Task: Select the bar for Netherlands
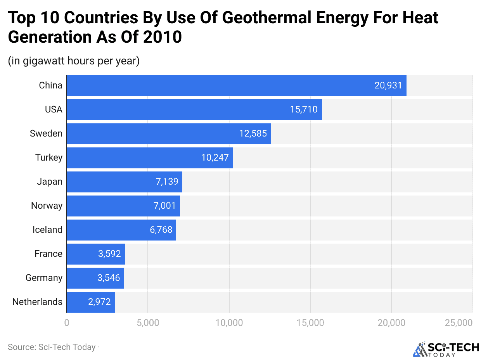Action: click(91, 302)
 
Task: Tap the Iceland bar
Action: click(121, 230)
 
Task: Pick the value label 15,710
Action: click(304, 109)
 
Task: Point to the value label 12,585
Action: click(253, 133)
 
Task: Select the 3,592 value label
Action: click(109, 254)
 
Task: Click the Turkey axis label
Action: click(49, 157)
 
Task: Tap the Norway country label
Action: click(47, 206)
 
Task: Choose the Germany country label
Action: click(44, 278)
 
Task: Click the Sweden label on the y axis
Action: click(46, 133)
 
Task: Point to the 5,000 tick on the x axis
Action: click(147, 323)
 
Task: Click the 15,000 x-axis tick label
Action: click(310, 323)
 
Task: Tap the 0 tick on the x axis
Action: click(67, 323)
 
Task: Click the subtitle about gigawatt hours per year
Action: click(74, 61)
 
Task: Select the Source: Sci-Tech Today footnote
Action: click(52, 347)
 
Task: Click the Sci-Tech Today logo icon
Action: click(420, 349)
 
